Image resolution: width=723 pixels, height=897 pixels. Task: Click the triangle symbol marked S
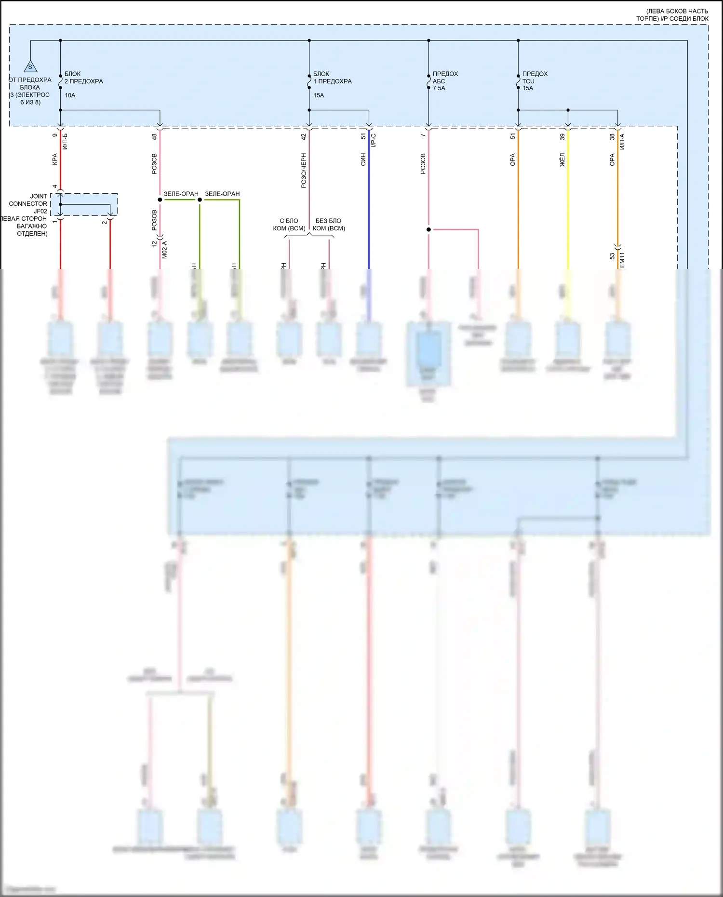[30, 66]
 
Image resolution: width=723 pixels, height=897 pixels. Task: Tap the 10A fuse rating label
[70, 95]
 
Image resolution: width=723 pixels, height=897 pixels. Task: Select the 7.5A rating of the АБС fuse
[439, 88]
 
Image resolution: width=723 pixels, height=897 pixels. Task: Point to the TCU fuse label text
[528, 81]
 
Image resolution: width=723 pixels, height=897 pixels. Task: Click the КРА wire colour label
[54, 160]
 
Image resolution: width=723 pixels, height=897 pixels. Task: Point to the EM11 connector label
[622, 260]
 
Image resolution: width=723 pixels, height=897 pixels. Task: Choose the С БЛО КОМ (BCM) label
[289, 225]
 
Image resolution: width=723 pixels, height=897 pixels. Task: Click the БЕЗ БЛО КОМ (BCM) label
[329, 225]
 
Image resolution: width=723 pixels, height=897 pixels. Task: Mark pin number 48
[154, 137]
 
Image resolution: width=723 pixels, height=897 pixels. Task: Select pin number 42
[304, 137]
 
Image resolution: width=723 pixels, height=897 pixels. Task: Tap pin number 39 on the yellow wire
[562, 137]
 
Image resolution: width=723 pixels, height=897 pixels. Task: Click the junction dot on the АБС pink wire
[428, 229]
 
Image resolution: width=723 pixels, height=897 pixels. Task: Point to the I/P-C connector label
[374, 140]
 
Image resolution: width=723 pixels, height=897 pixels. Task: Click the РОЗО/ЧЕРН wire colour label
[304, 171]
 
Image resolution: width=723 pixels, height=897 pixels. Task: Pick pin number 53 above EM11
[612, 256]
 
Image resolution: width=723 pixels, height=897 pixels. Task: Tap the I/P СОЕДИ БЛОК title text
[672, 18]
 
